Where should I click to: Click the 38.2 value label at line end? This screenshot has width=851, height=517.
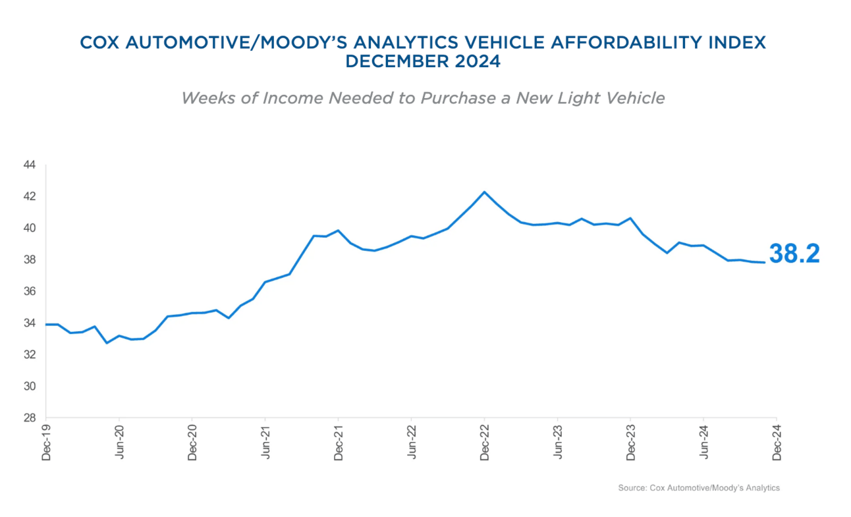tap(794, 254)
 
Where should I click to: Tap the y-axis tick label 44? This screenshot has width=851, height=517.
tap(29, 165)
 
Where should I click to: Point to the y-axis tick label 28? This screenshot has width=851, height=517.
tap(29, 418)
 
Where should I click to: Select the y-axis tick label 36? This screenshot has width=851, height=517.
tap(29, 292)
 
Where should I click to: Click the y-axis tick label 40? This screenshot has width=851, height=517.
tap(29, 229)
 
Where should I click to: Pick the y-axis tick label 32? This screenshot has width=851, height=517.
tap(29, 355)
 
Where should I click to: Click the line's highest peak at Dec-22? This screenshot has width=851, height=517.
tap(485, 192)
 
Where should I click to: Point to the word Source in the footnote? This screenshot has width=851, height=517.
tap(630, 488)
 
